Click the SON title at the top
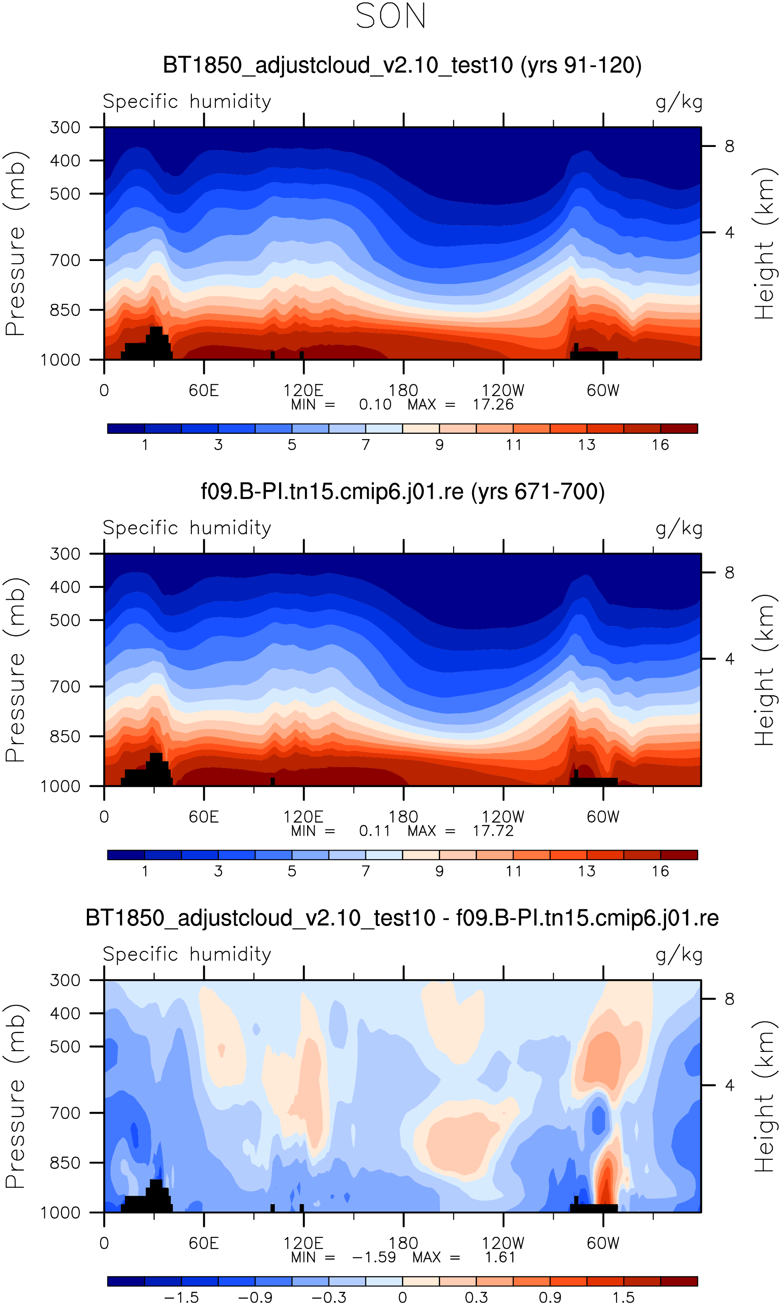tap(390, 16)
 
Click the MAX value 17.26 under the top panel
tap(493, 404)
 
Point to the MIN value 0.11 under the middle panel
tap(375, 831)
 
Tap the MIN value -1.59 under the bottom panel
tap(374, 1258)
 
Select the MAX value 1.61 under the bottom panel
tap(500, 1258)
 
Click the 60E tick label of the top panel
tap(204, 390)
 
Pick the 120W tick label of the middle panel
tap(503, 817)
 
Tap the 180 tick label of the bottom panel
tap(403, 1244)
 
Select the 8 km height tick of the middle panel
tap(729, 572)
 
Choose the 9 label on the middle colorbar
tap(440, 872)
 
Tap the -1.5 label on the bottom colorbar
tap(182, 1298)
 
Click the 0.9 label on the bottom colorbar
tap(550, 1298)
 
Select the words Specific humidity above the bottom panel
tap(187, 954)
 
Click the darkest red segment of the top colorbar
tap(679, 428)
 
